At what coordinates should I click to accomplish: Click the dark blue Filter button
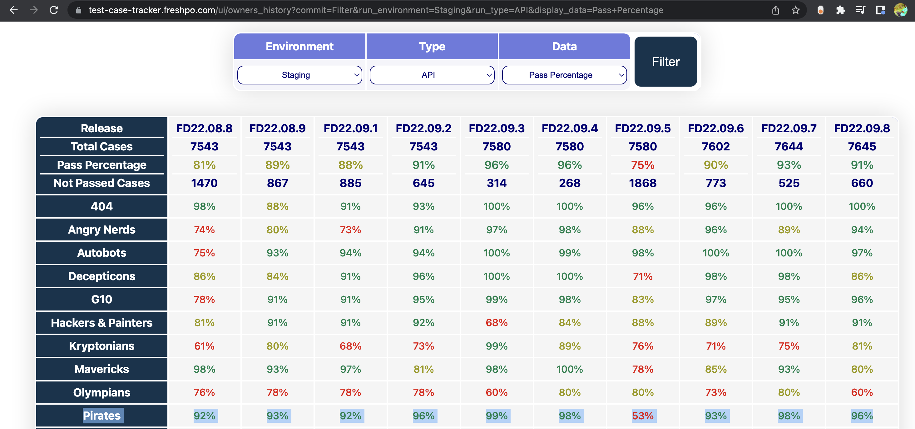click(665, 62)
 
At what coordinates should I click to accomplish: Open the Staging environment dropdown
click(299, 75)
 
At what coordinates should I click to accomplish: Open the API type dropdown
click(432, 75)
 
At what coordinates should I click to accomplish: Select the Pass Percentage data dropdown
click(564, 75)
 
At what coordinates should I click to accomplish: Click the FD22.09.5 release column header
click(643, 129)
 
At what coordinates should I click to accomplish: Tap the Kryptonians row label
click(101, 346)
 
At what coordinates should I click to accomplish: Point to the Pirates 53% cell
click(643, 416)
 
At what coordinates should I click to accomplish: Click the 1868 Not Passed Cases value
click(643, 183)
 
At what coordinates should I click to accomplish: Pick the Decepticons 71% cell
click(643, 276)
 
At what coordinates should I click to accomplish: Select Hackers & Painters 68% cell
click(497, 323)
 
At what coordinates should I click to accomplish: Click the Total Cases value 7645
click(862, 147)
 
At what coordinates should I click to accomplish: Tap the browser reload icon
click(54, 10)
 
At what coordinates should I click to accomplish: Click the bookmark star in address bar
click(795, 10)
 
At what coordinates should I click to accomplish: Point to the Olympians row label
click(101, 392)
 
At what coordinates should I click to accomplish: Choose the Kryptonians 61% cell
click(204, 346)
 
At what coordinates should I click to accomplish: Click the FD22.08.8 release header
click(204, 129)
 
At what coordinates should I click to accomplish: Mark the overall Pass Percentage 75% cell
click(643, 165)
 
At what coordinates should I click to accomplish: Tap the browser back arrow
click(14, 10)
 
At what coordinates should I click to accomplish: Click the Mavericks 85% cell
click(716, 369)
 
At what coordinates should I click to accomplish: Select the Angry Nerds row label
click(101, 230)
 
